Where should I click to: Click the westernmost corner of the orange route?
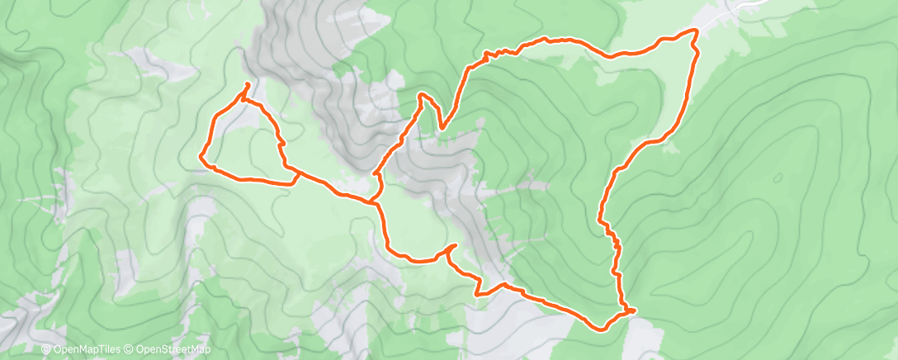pos(201,155)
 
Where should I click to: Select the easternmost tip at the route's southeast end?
pos(636,310)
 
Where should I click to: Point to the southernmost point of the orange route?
pos(603,329)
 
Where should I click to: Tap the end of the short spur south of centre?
pos(456,245)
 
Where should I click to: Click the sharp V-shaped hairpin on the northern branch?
pos(442,129)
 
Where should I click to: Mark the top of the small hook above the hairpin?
pos(422,95)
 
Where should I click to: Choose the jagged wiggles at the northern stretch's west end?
pos(492,55)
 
